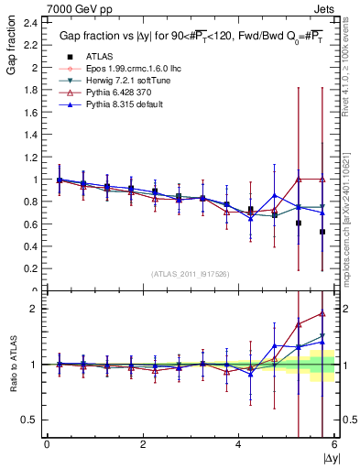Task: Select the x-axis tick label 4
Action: pyautogui.click(x=238, y=445)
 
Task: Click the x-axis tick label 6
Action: pyautogui.click(x=333, y=445)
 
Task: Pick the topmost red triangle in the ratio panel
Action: pyautogui.click(x=322, y=313)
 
